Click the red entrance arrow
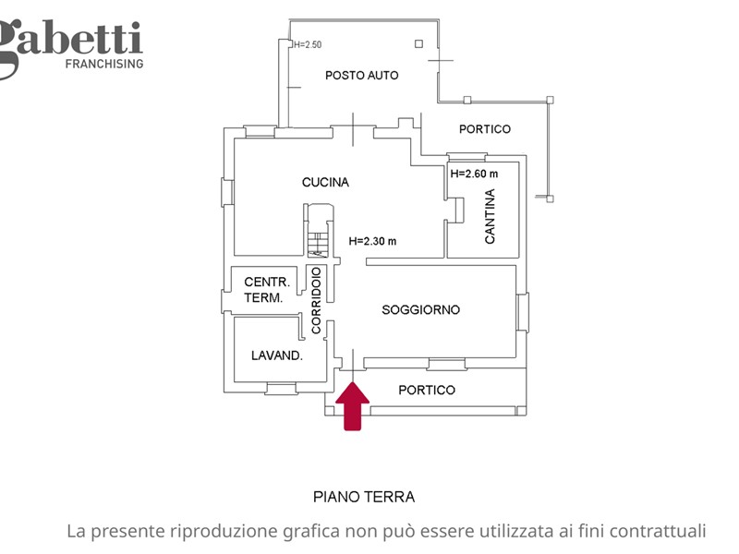click(353, 406)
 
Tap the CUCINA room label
click(325, 182)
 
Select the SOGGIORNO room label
click(420, 309)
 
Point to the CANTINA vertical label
click(491, 216)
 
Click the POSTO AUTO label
click(361, 76)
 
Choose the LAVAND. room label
click(276, 355)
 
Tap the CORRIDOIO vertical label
click(316, 300)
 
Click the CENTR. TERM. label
click(266, 290)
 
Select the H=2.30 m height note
click(372, 241)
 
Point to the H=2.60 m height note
click(474, 174)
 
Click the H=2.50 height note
click(308, 44)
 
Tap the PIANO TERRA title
click(364, 497)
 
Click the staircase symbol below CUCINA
click(318, 231)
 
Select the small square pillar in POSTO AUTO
click(418, 43)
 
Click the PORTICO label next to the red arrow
click(427, 390)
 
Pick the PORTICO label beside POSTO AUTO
click(484, 129)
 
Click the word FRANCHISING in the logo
click(104, 64)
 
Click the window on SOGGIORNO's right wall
click(523, 312)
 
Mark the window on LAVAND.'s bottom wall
click(281, 389)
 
